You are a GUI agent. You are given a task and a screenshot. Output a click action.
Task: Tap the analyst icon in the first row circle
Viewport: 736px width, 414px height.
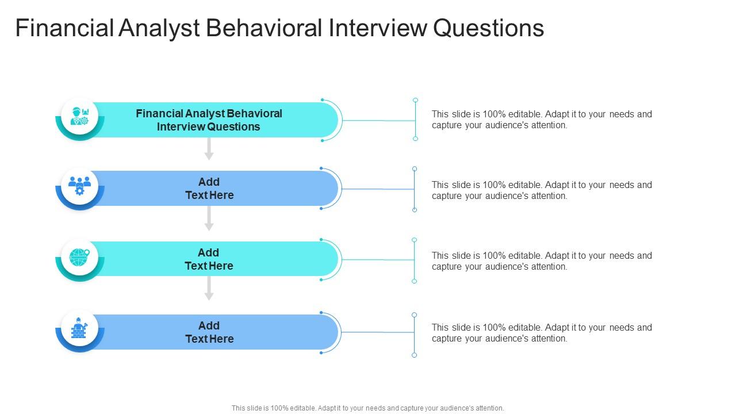point(79,116)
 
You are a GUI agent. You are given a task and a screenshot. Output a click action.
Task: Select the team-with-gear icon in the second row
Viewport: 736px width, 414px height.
point(79,185)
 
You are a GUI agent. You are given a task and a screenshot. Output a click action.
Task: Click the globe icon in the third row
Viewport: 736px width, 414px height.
point(79,256)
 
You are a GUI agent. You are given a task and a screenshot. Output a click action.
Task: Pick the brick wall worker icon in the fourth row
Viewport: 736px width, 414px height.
point(79,328)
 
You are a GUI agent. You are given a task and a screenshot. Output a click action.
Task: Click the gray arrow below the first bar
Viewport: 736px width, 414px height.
point(209,149)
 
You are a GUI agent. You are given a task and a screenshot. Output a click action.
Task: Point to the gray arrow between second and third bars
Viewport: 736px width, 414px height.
point(209,219)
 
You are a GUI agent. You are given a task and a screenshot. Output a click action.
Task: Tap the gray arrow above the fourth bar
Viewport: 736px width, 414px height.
point(209,289)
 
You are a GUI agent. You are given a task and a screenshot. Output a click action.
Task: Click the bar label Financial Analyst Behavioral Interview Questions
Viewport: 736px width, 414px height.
point(209,120)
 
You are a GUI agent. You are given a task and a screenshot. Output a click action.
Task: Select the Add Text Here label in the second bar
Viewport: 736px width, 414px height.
point(209,189)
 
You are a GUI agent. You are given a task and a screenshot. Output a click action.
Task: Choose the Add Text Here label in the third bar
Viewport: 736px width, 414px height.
point(209,259)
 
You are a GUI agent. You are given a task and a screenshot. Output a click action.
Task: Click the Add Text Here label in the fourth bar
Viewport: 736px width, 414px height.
point(209,332)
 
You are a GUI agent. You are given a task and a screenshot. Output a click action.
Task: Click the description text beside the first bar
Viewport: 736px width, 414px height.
point(542,120)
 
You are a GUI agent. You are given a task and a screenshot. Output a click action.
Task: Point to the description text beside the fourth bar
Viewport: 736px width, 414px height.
point(542,333)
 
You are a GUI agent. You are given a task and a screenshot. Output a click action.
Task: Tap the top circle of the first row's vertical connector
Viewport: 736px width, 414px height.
point(415,100)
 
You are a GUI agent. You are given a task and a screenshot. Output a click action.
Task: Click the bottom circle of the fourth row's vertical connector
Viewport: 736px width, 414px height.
point(414,355)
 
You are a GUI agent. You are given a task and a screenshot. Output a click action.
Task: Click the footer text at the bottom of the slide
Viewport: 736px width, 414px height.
point(368,408)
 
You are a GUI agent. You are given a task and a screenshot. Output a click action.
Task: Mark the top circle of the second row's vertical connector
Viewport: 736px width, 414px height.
point(415,169)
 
